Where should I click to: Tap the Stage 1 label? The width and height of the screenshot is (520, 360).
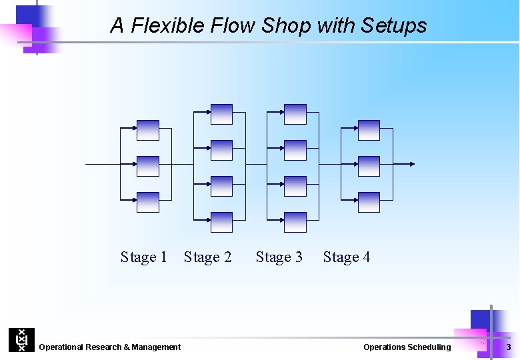143,257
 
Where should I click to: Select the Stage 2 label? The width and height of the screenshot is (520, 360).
207,257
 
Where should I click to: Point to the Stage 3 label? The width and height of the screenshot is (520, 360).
279,257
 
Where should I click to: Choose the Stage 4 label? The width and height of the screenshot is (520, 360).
346,257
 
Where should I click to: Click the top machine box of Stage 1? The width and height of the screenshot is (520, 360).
148,130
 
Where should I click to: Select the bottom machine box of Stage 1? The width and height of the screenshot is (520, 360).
148,202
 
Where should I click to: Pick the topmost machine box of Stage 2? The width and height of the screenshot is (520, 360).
221,114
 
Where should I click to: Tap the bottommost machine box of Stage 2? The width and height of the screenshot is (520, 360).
221,222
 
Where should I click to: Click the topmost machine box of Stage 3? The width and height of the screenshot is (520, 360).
295,114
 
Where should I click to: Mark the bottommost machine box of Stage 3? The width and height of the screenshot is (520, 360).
295,222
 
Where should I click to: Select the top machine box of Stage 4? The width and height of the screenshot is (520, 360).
369,130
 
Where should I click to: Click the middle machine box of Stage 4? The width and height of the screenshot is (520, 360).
369,166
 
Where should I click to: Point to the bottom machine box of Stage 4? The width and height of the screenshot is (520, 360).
369,202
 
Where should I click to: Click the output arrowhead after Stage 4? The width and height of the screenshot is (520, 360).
413,164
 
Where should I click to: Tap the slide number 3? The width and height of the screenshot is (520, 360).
509,347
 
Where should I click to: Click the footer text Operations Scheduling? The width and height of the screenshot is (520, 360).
407,347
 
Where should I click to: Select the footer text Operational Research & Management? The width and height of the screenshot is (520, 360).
110,347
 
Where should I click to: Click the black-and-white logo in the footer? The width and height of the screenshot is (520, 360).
21,340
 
